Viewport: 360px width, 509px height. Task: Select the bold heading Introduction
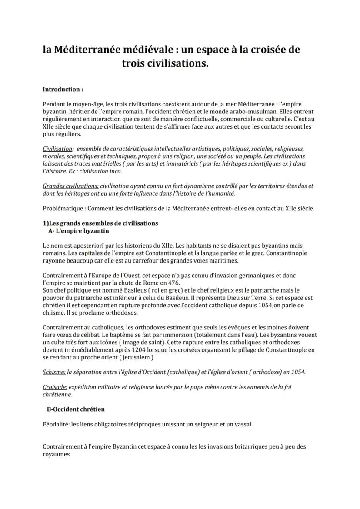[x=63, y=89]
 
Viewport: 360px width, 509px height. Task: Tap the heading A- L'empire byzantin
[x=79, y=230]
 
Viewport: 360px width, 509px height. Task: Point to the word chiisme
[x=54, y=313]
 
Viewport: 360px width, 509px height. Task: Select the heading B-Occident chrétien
[x=76, y=409]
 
